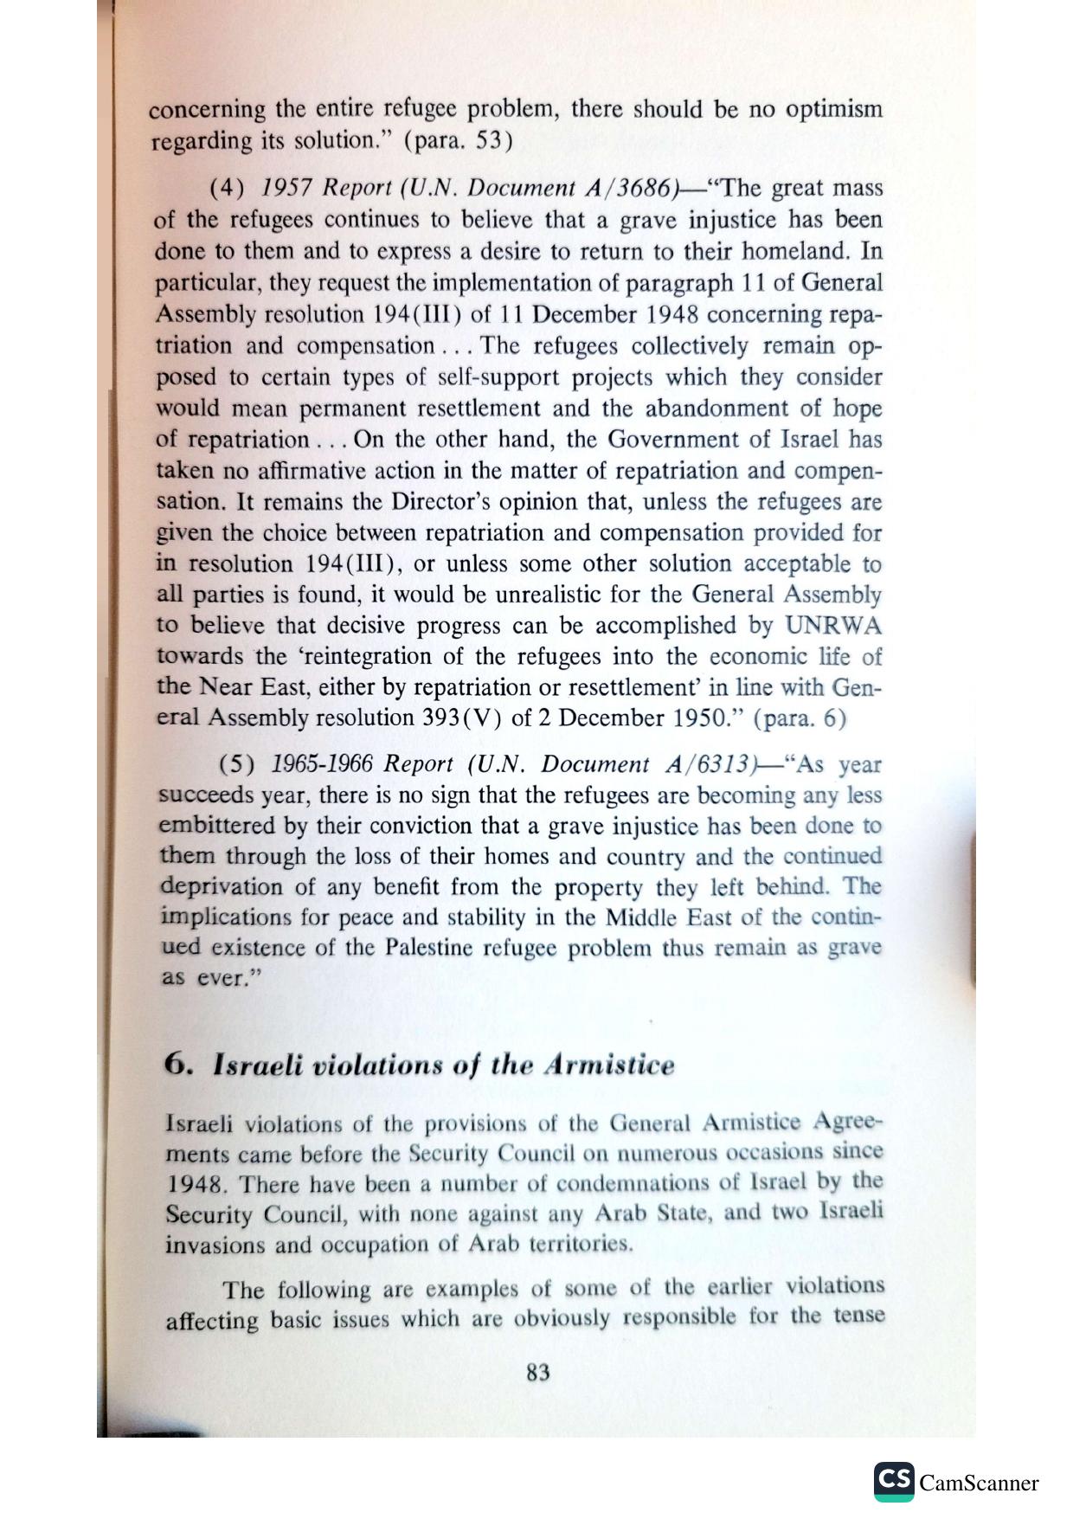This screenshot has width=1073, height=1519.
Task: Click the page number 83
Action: [x=537, y=1373]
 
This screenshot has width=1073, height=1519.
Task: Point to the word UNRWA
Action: [x=832, y=626]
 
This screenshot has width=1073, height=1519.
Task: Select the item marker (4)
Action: [x=228, y=189]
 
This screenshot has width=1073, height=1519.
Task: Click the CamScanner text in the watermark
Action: [x=979, y=1483]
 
